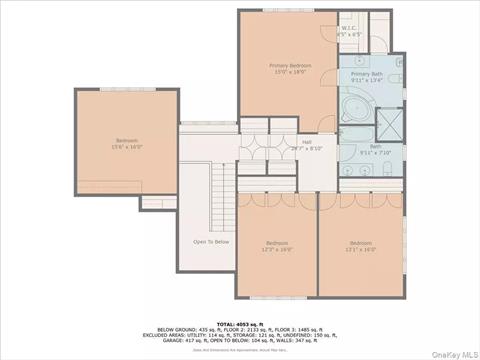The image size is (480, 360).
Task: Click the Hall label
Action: click(307, 141)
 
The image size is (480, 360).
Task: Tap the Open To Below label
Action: click(211, 241)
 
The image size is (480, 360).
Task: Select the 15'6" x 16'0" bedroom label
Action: click(127, 140)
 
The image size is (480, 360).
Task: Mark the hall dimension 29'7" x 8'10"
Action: click(307, 148)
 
